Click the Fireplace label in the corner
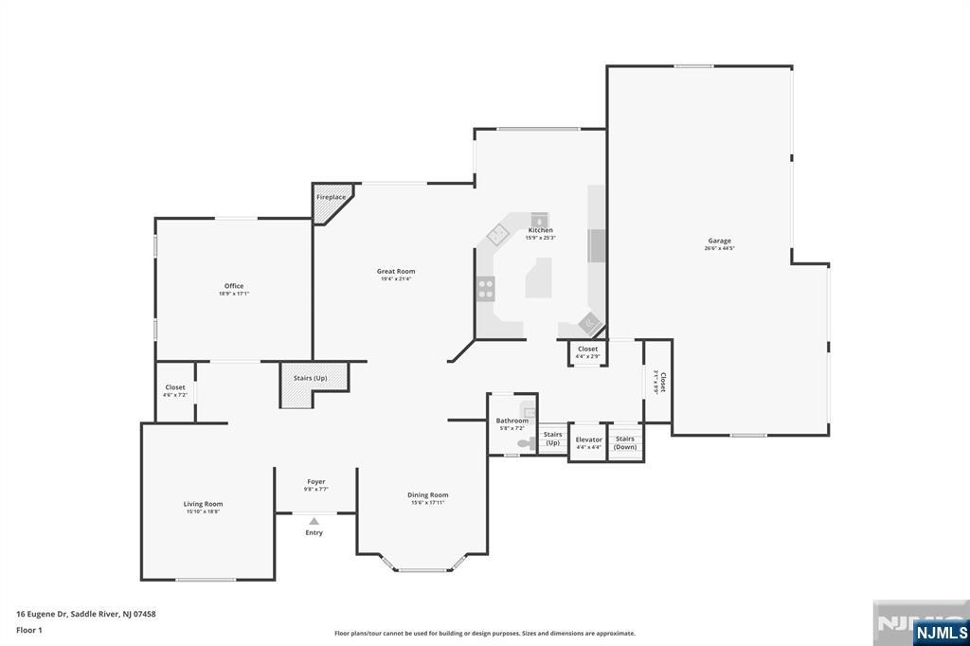pyautogui.click(x=331, y=197)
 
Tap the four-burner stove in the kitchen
pyautogui.click(x=486, y=288)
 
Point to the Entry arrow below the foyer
pyautogui.click(x=314, y=520)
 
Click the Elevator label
pyautogui.click(x=588, y=440)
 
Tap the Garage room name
pyautogui.click(x=719, y=241)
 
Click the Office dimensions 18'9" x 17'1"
pyautogui.click(x=234, y=294)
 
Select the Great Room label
pyautogui.click(x=396, y=271)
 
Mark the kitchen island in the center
pyautogui.click(x=537, y=280)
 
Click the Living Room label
pyautogui.click(x=203, y=504)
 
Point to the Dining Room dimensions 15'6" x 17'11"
pyautogui.click(x=428, y=503)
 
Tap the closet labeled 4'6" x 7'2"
pyautogui.click(x=175, y=390)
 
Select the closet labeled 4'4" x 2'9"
pyautogui.click(x=587, y=352)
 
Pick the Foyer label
pyautogui.click(x=315, y=481)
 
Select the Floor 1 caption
pyautogui.click(x=28, y=629)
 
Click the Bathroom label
pyautogui.click(x=512, y=421)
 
